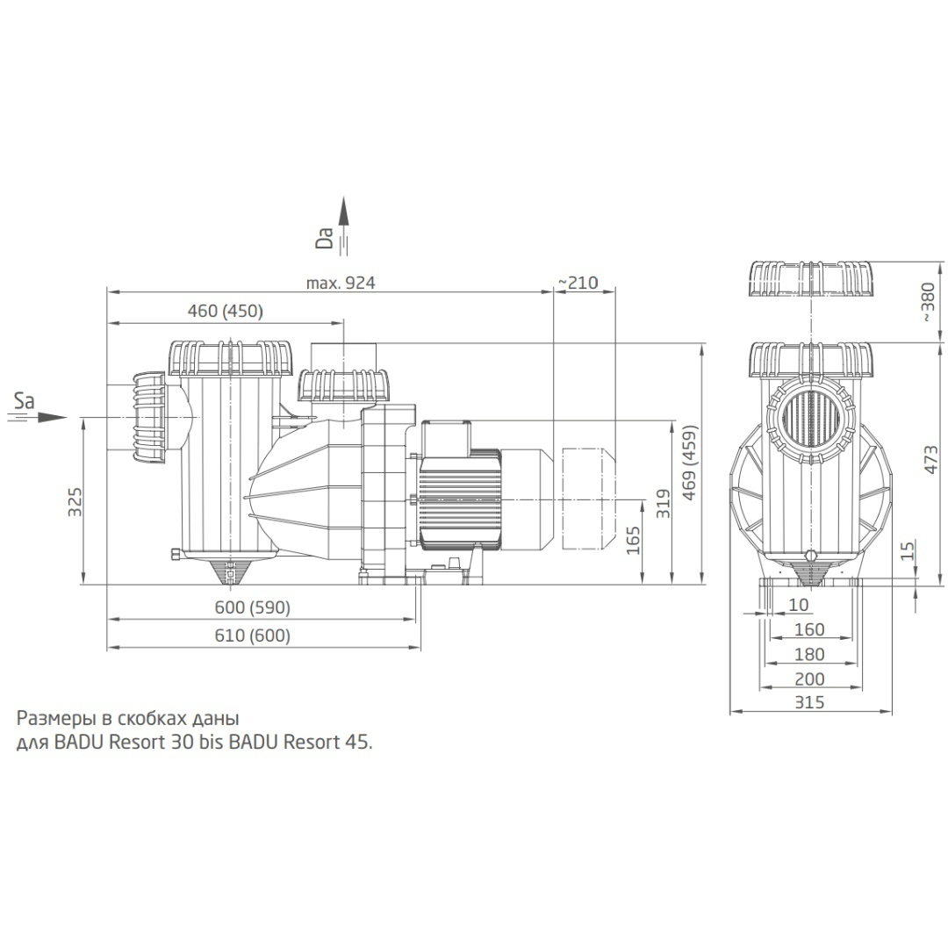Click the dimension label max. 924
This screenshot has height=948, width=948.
(340, 283)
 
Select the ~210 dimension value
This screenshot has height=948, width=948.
(577, 283)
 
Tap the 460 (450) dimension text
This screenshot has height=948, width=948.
(226, 311)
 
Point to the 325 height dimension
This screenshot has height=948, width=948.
(76, 501)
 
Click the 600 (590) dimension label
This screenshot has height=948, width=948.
(253, 608)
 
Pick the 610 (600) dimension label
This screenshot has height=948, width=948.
(253, 636)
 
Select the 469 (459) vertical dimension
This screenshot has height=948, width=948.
(691, 463)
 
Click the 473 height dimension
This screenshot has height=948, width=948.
(930, 463)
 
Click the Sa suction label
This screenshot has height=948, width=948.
(25, 402)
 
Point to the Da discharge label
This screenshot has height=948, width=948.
(326, 237)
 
